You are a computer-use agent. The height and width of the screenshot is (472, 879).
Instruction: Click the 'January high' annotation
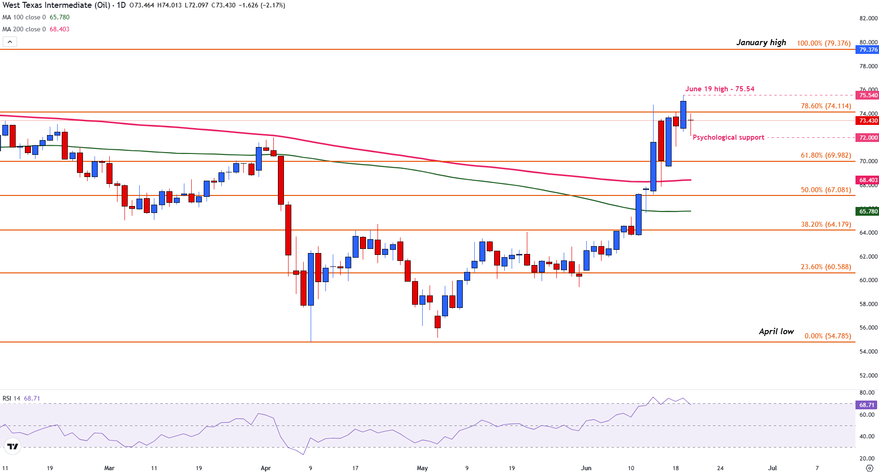[761, 42]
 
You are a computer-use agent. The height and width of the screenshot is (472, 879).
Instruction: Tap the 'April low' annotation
[776, 331]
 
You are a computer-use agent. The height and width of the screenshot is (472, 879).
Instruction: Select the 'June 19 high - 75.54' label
[720, 89]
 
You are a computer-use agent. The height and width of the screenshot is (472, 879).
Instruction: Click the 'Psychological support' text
[728, 137]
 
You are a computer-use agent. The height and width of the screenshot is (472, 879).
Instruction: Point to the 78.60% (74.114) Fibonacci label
[826, 106]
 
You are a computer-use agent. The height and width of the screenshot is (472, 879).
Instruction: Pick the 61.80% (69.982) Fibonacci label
[826, 155]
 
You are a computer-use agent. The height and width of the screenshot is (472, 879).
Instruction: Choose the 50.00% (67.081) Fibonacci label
[826, 190]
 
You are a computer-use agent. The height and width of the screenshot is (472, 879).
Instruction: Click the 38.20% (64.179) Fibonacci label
[826, 224]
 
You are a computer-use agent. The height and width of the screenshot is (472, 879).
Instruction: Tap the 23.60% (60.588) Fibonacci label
[826, 267]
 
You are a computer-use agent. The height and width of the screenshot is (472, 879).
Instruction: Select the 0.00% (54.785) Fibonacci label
[827, 336]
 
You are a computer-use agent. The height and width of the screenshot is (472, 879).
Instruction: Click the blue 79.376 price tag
[867, 50]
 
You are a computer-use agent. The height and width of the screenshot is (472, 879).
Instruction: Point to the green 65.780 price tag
[867, 212]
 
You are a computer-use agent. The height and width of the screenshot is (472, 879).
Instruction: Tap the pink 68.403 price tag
[867, 180]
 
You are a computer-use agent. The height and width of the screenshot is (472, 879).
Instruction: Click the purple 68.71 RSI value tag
[867, 405]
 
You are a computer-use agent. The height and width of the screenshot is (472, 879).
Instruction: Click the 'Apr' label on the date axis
[265, 468]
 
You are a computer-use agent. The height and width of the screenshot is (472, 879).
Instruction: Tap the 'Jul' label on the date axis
[772, 468]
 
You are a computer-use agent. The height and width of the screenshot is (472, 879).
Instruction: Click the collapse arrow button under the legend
[10, 42]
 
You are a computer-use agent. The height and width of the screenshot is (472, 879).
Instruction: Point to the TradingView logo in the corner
[13, 446]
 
